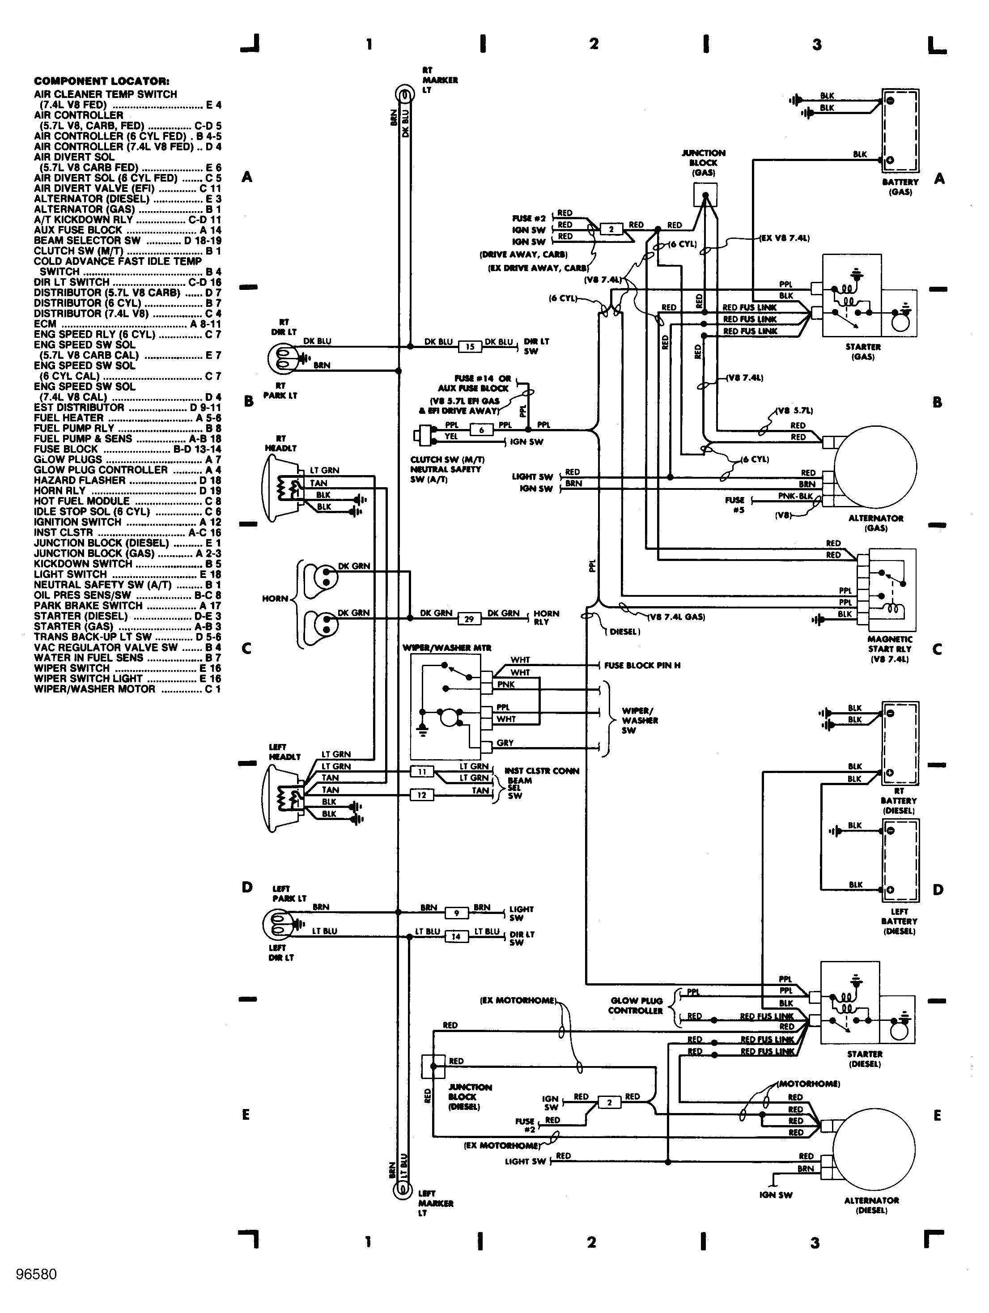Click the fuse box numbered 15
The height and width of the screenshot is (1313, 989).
pyautogui.click(x=470, y=347)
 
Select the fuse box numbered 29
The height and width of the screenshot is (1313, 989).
pyautogui.click(x=469, y=619)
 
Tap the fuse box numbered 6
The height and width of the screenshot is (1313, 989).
pyautogui.click(x=481, y=430)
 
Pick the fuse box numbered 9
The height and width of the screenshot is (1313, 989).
pyautogui.click(x=457, y=913)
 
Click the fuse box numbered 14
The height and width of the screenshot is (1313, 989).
pyautogui.click(x=456, y=937)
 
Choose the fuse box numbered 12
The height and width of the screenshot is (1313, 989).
pyautogui.click(x=421, y=795)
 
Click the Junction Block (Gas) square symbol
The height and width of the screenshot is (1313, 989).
pyautogui.click(x=705, y=195)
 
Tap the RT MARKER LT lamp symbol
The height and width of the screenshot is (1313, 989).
pyautogui.click(x=403, y=94)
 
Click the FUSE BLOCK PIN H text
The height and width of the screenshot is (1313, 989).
pyautogui.click(x=642, y=665)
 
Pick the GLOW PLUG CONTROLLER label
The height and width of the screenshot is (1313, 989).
pyautogui.click(x=636, y=1006)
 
